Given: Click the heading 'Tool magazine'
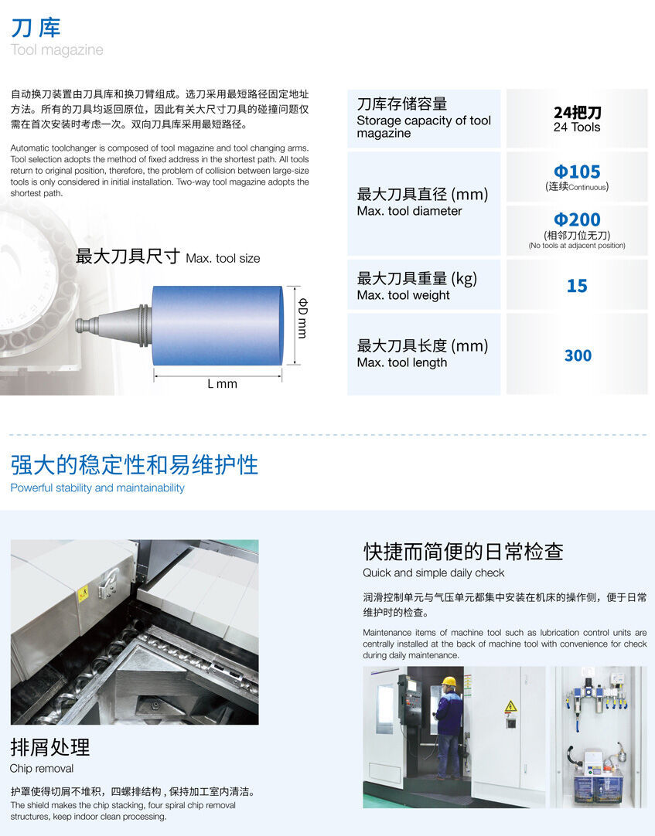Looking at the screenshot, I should (x=56, y=50).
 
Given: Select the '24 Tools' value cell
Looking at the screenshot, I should (x=577, y=120).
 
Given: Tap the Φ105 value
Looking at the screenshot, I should (x=577, y=172).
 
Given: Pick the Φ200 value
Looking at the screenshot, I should (x=577, y=220).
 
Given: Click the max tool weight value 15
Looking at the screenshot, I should (x=577, y=286).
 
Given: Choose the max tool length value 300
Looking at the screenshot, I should (x=577, y=355).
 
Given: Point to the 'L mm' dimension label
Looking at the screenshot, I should (x=222, y=383).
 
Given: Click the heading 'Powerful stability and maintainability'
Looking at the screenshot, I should (x=97, y=488).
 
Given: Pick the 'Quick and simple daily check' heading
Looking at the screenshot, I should (x=433, y=573).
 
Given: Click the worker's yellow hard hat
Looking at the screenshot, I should (x=449, y=681).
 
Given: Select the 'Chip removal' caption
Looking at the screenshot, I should (x=42, y=768).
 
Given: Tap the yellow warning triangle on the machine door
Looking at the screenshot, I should (x=510, y=706).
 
